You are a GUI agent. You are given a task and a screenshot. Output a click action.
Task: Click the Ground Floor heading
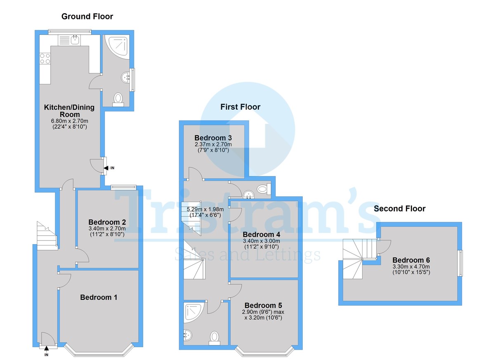click(x=87, y=16)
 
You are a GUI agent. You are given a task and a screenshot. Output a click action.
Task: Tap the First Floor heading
click(x=240, y=107)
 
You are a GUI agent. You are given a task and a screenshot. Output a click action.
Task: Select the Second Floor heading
click(x=400, y=209)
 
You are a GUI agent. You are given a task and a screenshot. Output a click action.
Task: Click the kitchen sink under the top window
click(x=75, y=40)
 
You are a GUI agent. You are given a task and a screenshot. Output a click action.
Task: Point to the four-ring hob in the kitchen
click(x=45, y=59)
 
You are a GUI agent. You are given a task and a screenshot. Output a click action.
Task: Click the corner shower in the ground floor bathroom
click(x=117, y=47)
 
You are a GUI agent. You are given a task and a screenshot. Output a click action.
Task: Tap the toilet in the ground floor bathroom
click(x=118, y=100)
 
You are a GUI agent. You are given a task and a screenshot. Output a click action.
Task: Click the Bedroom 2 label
click(x=107, y=222)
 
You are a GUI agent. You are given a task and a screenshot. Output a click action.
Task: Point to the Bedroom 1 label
click(x=99, y=297)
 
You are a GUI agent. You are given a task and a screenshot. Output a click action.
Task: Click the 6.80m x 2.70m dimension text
click(x=70, y=121)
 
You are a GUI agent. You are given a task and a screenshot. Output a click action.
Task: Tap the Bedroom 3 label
click(x=213, y=138)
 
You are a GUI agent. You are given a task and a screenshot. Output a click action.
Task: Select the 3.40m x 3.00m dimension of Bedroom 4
click(x=262, y=241)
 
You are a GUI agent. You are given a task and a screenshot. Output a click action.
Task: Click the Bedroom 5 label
click(x=263, y=305)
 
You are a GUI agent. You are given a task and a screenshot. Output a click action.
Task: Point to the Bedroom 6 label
click(x=411, y=260)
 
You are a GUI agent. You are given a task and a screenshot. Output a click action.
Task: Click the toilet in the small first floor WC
click(x=264, y=189)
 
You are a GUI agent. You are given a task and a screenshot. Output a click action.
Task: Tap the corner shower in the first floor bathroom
click(x=194, y=312)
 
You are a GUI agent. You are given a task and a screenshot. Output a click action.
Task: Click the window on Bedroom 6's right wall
click(x=460, y=263)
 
